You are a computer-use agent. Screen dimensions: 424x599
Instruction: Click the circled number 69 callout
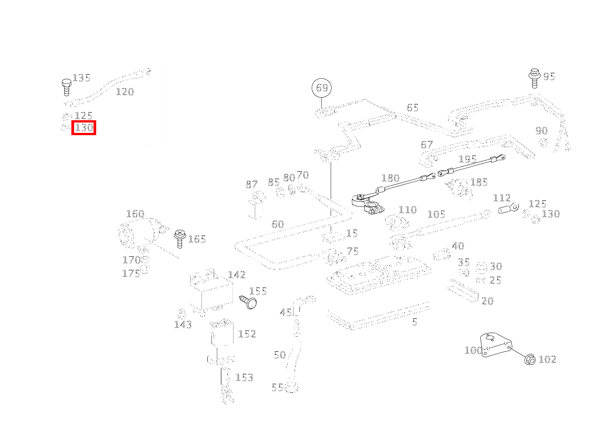pyautogui.click(x=322, y=87)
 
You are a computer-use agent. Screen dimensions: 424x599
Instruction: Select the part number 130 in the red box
pyautogui.click(x=84, y=128)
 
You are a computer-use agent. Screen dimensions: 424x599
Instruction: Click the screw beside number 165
pyautogui.click(x=179, y=238)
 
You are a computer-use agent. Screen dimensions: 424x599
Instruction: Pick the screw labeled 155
pyautogui.click(x=248, y=302)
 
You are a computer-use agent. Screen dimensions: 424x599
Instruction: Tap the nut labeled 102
pyautogui.click(x=530, y=360)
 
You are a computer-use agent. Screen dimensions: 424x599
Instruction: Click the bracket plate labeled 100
pyautogui.click(x=495, y=348)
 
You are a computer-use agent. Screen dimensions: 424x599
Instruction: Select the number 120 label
pyautogui.click(x=125, y=92)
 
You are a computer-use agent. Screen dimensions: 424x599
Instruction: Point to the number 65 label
pyautogui.click(x=412, y=108)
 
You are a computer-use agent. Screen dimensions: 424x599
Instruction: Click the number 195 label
pyautogui.click(x=468, y=159)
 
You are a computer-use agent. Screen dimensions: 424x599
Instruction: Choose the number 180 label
pyautogui.click(x=390, y=178)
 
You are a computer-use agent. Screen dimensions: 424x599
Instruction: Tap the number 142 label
pyautogui.click(x=237, y=275)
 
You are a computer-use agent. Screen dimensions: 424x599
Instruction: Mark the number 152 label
pyautogui.click(x=247, y=334)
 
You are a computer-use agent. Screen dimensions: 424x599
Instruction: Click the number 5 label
pyautogui.click(x=414, y=322)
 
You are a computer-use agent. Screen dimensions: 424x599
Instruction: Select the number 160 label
pyautogui.click(x=135, y=214)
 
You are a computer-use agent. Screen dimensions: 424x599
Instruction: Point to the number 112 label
pyautogui.click(x=501, y=198)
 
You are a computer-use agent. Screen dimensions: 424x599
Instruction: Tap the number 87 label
pyautogui.click(x=252, y=184)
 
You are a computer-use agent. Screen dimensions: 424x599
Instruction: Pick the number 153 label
pyautogui.click(x=244, y=377)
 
